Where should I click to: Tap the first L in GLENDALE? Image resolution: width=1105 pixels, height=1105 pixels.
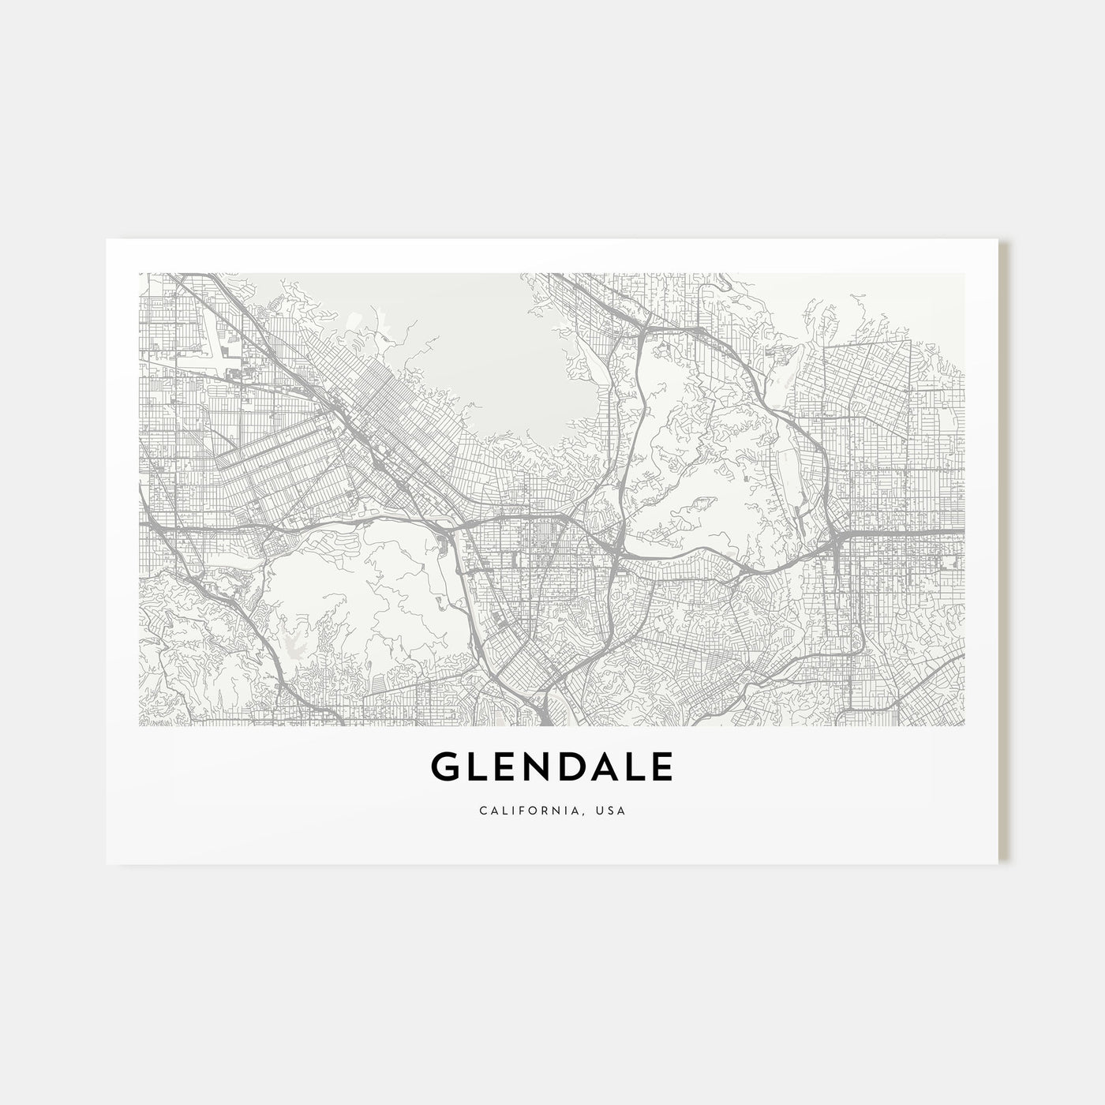[478, 767]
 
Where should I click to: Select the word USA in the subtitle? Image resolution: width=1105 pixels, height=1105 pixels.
[612, 811]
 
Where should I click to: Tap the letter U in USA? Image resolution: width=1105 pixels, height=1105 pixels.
[602, 811]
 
